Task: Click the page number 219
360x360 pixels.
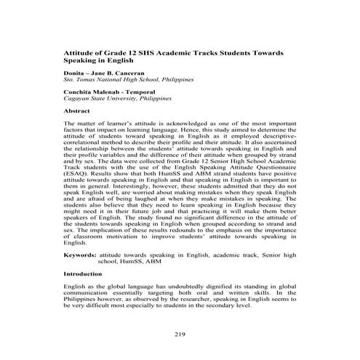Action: point(181,334)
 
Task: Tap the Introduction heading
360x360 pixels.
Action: point(84,274)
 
